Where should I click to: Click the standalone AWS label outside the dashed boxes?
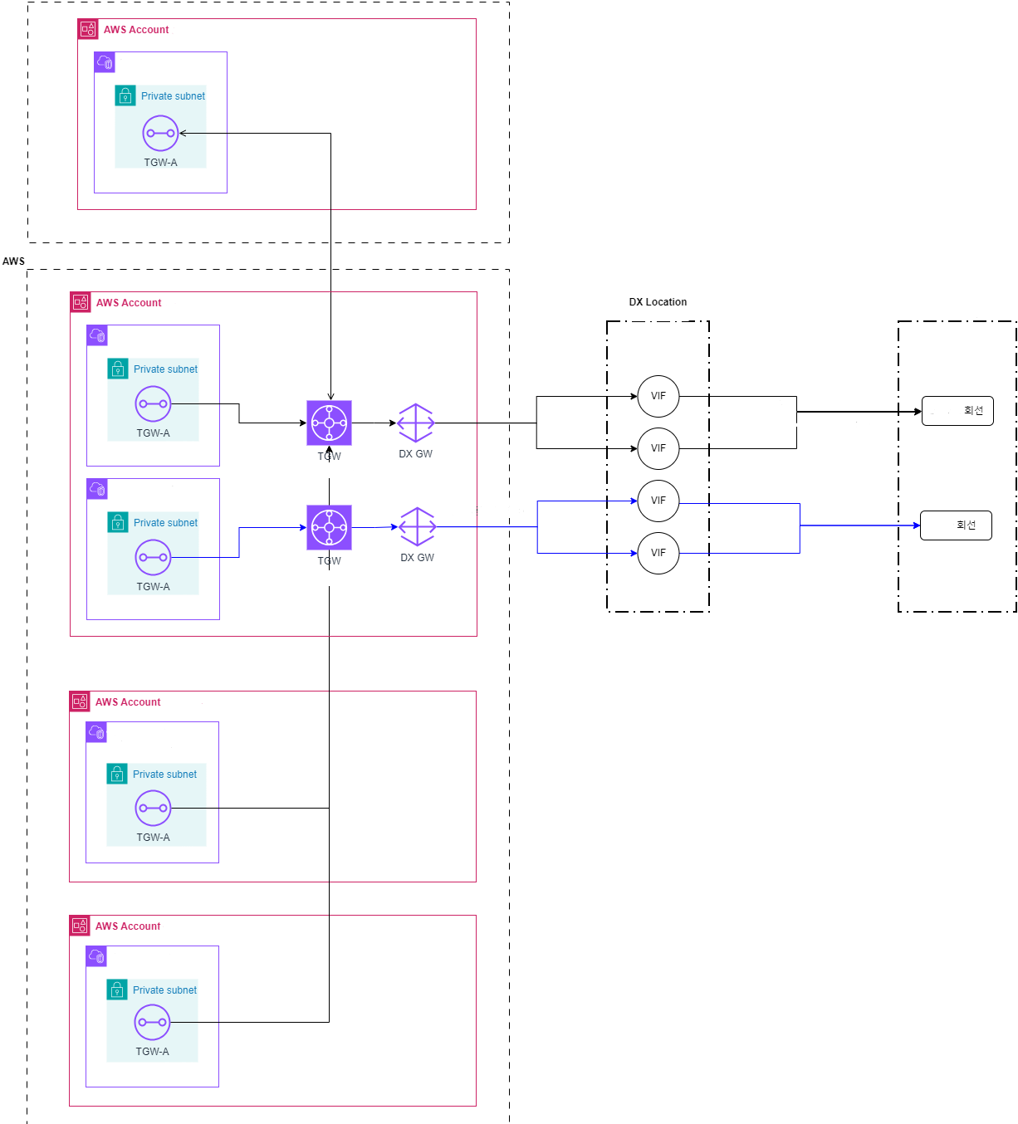13,261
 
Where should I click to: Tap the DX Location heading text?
658,302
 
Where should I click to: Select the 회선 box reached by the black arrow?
957,411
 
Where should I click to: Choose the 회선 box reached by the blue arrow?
956,525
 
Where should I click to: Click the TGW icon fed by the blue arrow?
329,527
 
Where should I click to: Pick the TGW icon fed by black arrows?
329,423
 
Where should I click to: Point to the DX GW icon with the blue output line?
417,526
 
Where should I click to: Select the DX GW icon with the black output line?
415,423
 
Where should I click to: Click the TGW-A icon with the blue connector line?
153,557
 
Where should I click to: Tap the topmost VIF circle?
658,396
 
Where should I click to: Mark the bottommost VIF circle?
658,553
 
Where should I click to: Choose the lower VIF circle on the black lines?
658,448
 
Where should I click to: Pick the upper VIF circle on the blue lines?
658,501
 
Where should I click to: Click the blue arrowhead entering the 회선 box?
917,525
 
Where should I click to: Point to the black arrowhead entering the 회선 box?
918,412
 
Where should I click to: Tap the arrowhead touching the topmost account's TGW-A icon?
183,133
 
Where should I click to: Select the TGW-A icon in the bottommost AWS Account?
152,1022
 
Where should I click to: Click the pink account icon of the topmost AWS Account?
88,29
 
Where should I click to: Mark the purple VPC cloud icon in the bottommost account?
96,956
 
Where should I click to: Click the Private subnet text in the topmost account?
173,96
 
